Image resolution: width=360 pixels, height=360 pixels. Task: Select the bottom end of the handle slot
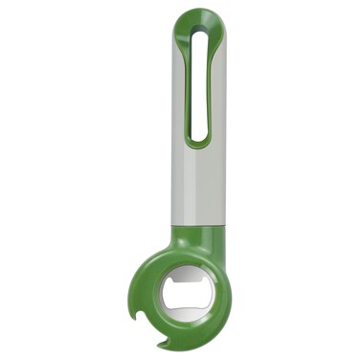tap(198, 139)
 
